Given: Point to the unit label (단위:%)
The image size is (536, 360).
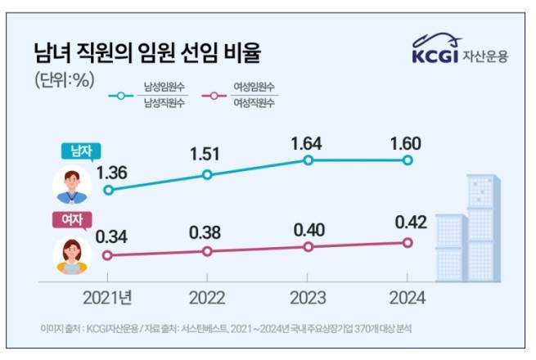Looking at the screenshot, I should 65,80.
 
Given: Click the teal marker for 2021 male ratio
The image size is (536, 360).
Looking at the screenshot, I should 108,190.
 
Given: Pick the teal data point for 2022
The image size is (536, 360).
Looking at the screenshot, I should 207,174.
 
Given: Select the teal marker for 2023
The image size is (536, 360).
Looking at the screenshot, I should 308,160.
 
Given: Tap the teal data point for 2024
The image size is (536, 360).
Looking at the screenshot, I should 408,160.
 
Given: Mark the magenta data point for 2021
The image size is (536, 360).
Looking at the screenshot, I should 108,255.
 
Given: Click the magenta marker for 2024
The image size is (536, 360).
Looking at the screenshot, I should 408,242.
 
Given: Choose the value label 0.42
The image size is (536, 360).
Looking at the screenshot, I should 408,222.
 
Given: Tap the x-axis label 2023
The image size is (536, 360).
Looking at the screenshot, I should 308,297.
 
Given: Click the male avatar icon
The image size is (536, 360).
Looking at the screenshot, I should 72,184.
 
